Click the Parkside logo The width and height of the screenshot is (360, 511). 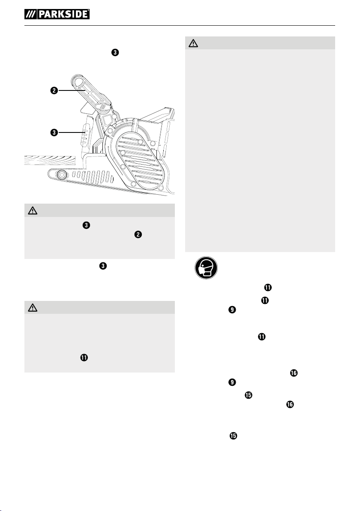point(57,14)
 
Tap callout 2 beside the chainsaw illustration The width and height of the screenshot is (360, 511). point(54,90)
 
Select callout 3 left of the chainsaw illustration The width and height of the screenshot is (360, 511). point(54,132)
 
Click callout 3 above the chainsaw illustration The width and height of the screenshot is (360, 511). point(115,52)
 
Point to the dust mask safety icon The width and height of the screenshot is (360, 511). point(206,268)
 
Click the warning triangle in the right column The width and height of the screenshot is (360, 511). point(193,43)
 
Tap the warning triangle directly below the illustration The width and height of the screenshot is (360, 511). point(33,210)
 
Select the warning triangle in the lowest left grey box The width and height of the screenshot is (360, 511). point(33,307)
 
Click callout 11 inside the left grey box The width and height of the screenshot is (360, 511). point(84,358)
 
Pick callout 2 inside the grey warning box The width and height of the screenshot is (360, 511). point(138,234)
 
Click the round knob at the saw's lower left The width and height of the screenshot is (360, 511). point(60,175)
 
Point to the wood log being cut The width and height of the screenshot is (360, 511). point(50,161)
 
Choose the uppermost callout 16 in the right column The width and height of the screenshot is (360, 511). point(294,373)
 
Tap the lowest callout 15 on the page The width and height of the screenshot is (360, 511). point(233,436)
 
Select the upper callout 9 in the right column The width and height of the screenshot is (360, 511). point(232,310)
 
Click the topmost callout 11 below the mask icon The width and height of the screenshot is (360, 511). point(267,287)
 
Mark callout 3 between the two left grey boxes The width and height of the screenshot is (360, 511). point(103,266)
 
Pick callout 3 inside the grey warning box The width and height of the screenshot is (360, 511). point(86,225)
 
